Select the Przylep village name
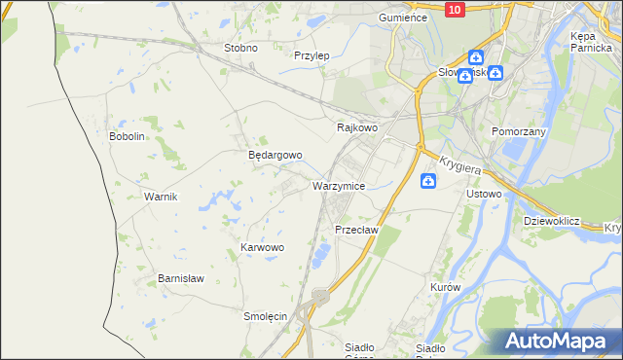coord(311,55)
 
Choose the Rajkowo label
coord(356,127)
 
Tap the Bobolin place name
coord(127,136)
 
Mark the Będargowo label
coord(275,155)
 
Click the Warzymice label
coord(339,185)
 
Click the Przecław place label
coord(355,230)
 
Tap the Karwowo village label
coord(262,248)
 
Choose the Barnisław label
coord(181,278)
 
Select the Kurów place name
coord(444,288)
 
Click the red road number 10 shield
coord(455,9)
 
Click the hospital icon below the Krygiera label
coord(428,181)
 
